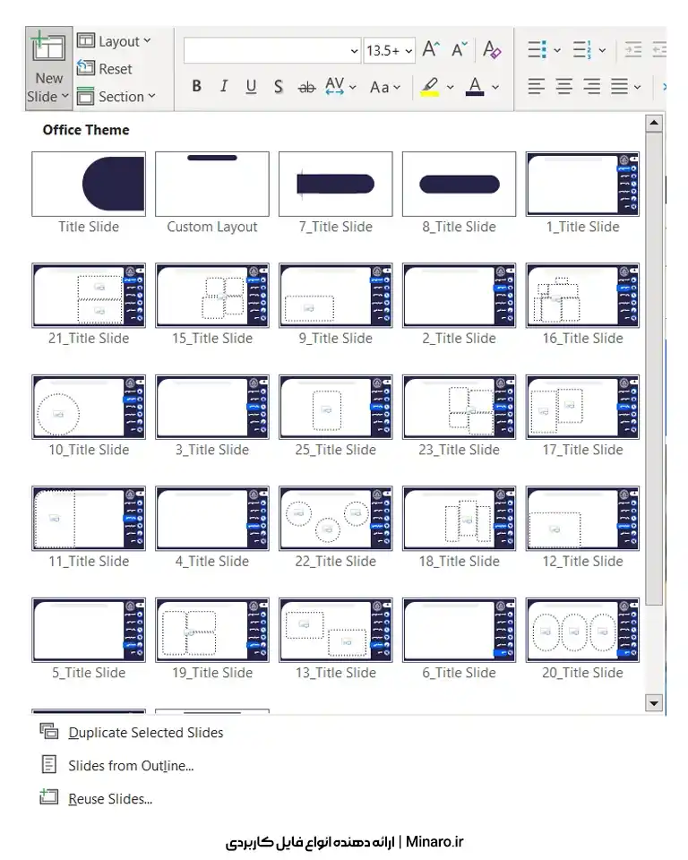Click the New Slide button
tap(49, 68)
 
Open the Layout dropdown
tap(114, 41)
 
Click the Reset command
tap(105, 69)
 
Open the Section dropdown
tap(116, 97)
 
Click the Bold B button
tap(196, 86)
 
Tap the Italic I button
tap(223, 86)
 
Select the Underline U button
tap(251, 86)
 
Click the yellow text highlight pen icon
tap(430, 87)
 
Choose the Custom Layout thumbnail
tap(212, 184)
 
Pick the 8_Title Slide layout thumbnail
tap(460, 184)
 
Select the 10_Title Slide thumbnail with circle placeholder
tap(89, 407)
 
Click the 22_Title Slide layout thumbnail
tap(336, 519)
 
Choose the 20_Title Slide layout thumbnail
tap(582, 630)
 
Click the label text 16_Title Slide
tap(582, 339)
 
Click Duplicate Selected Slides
tap(146, 733)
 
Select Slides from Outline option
tap(131, 766)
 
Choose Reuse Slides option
tap(110, 799)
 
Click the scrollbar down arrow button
tap(653, 702)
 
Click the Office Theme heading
tap(86, 130)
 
